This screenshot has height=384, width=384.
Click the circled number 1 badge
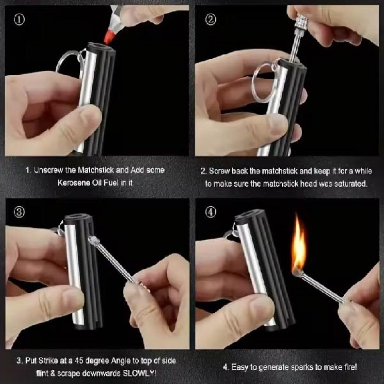coord(19,19)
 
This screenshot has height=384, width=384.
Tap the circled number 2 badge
coord(210,19)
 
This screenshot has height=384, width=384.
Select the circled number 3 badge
coord(19,212)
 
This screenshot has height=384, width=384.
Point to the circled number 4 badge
coord(210,212)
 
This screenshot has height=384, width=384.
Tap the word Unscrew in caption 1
coord(48,170)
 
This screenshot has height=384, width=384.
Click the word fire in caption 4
coord(351,367)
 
